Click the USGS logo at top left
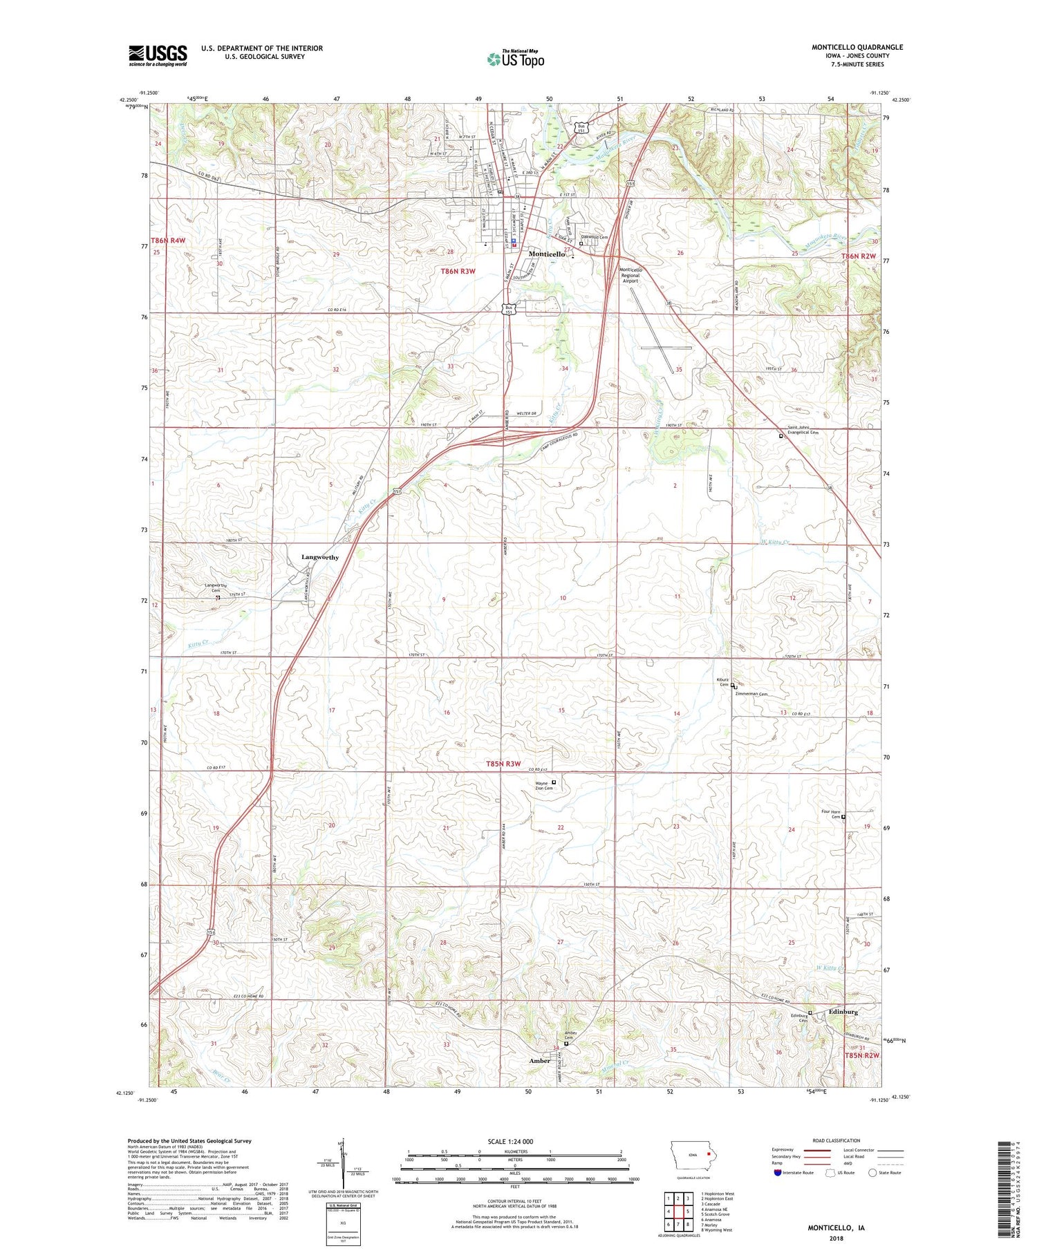click(158, 55)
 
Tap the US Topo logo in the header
click(515, 59)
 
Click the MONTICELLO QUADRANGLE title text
click(857, 47)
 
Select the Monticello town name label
click(546, 254)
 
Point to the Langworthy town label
click(319, 557)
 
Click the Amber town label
click(539, 1061)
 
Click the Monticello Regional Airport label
click(630, 275)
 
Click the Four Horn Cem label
click(831, 814)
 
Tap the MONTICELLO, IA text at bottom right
click(837, 1228)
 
